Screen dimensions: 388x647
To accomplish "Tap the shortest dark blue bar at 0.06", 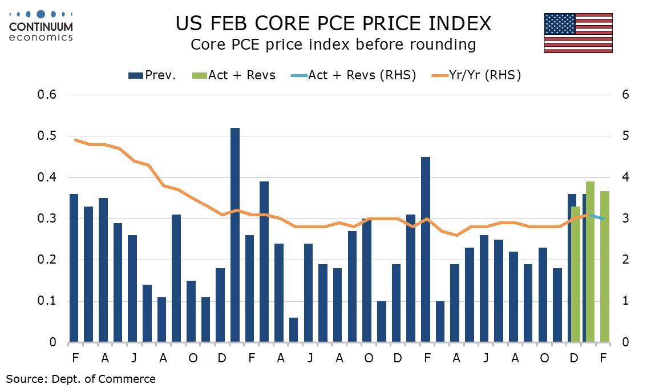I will [293, 330].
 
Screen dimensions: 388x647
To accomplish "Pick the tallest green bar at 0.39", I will [590, 262].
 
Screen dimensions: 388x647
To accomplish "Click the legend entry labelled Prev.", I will [152, 75].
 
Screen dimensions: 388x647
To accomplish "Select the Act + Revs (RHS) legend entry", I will [353, 75].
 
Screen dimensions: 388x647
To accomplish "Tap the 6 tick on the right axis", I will [625, 95].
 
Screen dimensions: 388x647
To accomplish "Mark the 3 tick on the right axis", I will [625, 219].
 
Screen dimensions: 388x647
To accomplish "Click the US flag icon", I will [578, 34].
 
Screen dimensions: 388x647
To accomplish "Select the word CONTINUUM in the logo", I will [41, 27].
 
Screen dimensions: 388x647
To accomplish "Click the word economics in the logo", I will [41, 37].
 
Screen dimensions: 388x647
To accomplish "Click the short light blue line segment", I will [597, 217].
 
